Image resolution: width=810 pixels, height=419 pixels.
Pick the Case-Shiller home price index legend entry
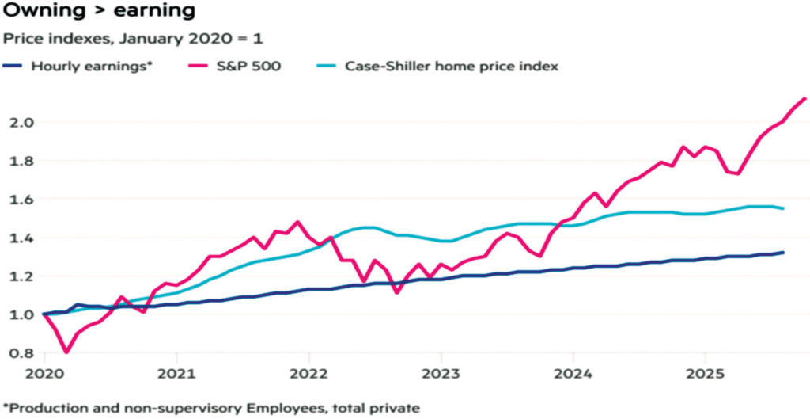tap(452, 66)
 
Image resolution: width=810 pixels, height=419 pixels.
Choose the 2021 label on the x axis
tap(176, 372)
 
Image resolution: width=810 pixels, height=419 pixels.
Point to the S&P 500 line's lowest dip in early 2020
tap(66, 352)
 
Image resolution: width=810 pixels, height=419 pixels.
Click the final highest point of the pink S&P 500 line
tap(804, 98)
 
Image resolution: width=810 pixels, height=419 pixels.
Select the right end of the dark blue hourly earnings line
tap(783, 253)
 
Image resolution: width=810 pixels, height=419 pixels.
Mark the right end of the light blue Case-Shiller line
tap(783, 208)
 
